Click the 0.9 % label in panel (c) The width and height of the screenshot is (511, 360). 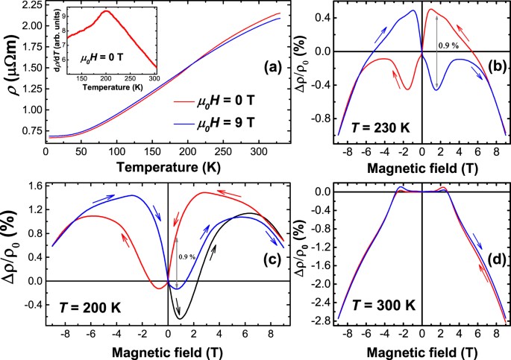point(188,257)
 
